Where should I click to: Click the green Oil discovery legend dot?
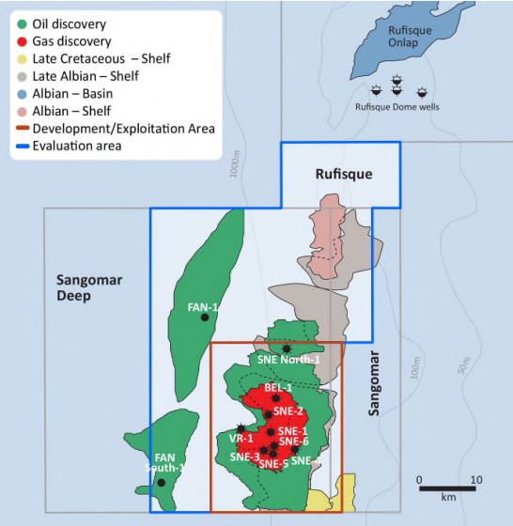[22, 24]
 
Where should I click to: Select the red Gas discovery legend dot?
[22, 41]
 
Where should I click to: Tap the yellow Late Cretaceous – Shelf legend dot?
[22, 59]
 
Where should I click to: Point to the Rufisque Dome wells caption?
[397, 107]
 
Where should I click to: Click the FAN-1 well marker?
[205, 317]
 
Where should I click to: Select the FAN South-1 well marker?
[162, 483]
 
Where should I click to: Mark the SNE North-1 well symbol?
[286, 348]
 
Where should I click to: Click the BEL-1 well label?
[278, 387]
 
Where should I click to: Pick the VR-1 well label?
[241, 438]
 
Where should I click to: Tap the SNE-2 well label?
[288, 410]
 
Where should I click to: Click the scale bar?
[447, 488]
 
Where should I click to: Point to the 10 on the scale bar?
[475, 479]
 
